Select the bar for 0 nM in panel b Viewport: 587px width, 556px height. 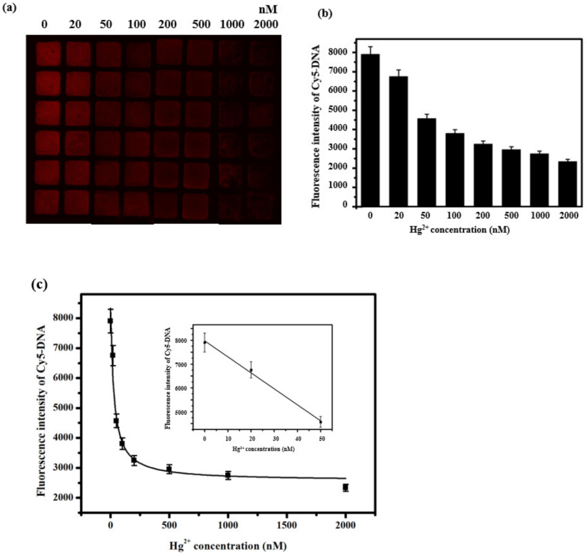tap(370, 130)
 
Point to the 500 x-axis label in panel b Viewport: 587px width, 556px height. tap(511, 215)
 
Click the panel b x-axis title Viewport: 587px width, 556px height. tap(460, 230)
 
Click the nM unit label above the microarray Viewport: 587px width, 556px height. tap(268, 10)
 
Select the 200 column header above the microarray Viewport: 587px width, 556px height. tap(167, 24)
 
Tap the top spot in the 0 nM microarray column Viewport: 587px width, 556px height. tap(48, 54)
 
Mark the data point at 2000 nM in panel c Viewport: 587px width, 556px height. tap(345, 487)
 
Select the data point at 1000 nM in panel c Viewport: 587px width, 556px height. tap(228, 475)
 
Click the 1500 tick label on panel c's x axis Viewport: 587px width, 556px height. tap(287, 525)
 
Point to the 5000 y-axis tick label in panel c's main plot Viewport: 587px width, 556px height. tap(63, 407)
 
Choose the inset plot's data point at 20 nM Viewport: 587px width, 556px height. tap(251, 370)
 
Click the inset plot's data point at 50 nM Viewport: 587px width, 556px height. tap(321, 422)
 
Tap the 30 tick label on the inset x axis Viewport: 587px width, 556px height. tap(276, 439)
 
